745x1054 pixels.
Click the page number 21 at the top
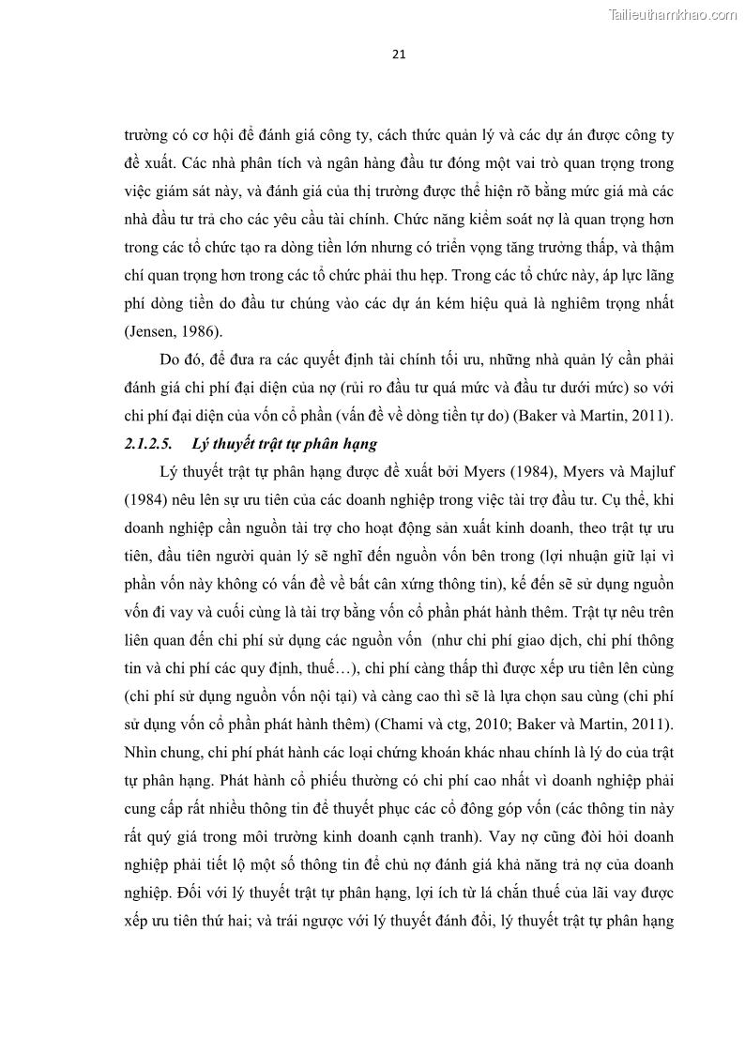pos(398,54)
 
